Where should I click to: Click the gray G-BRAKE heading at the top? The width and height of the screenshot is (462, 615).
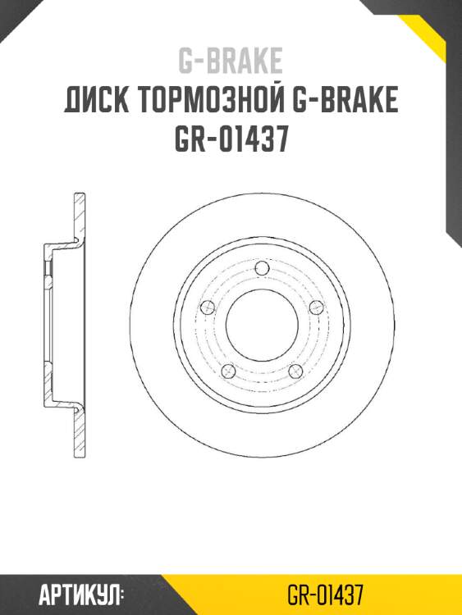(x=231, y=60)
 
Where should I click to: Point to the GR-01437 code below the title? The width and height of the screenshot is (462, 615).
(x=231, y=139)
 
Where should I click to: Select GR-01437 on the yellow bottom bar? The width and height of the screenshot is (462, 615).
(x=325, y=594)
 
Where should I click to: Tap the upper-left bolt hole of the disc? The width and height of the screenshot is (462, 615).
(x=208, y=307)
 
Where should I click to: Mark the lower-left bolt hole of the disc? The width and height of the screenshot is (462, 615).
(x=229, y=371)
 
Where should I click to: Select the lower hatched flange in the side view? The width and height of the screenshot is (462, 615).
(x=79, y=430)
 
